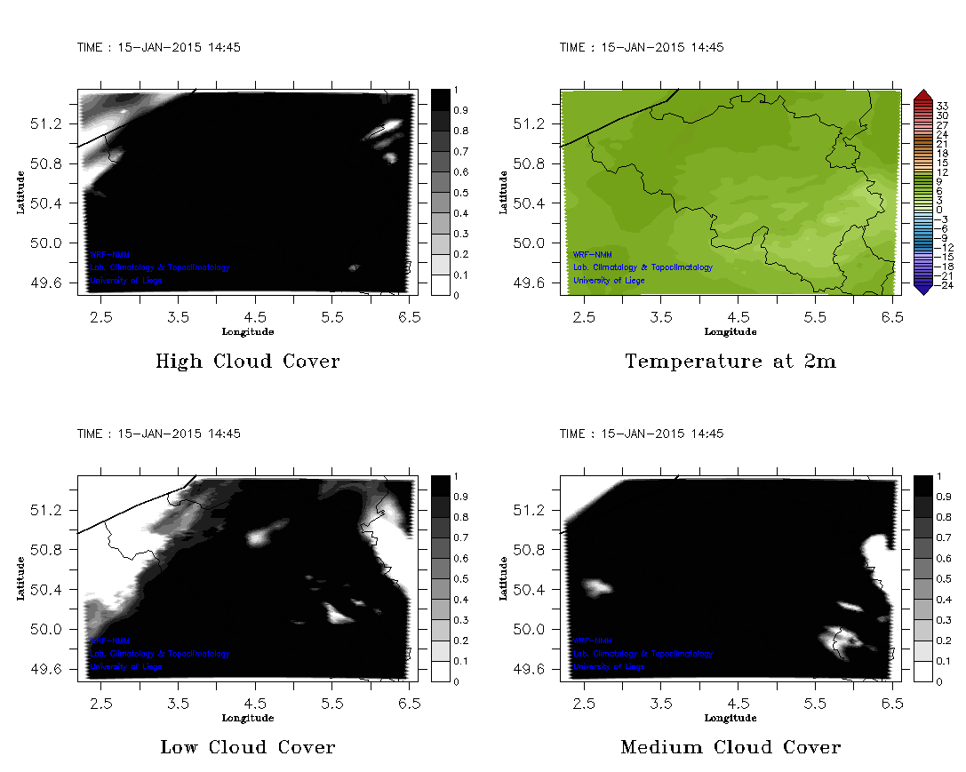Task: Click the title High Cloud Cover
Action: pyautogui.click(x=247, y=362)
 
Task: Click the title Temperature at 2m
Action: pyautogui.click(x=730, y=362)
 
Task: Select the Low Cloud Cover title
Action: pyautogui.click(x=248, y=747)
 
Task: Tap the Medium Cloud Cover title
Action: pyautogui.click(x=730, y=747)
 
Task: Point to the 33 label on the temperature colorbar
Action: pyautogui.click(x=942, y=106)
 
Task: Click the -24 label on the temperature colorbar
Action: pyautogui.click(x=942, y=285)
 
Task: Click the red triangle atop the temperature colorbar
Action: pyautogui.click(x=922, y=95)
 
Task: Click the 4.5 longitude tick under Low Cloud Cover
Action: pyautogui.click(x=255, y=702)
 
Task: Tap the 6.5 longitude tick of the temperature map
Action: pyautogui.click(x=892, y=316)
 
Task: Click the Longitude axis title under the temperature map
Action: pyautogui.click(x=730, y=332)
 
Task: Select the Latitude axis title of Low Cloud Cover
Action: pyautogui.click(x=20, y=578)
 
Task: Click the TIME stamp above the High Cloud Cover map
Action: pyautogui.click(x=159, y=47)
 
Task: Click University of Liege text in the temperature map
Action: pyautogui.click(x=609, y=281)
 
